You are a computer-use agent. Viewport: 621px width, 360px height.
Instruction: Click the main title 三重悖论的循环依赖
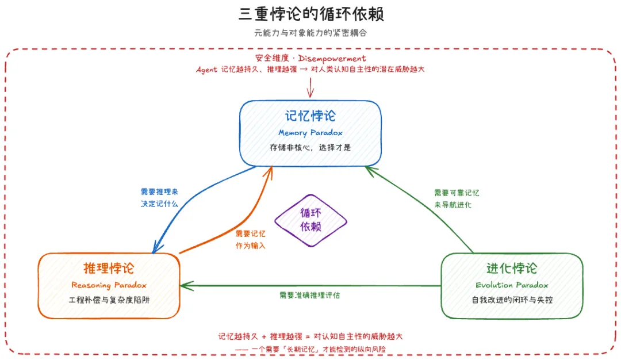(x=311, y=14)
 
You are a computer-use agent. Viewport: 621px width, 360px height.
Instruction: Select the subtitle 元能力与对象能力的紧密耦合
(x=310, y=33)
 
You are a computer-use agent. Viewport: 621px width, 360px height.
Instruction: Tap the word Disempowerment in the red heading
(x=332, y=58)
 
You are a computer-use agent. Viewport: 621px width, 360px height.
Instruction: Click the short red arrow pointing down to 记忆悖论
(x=310, y=87)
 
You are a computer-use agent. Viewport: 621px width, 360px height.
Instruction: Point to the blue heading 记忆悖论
(x=310, y=116)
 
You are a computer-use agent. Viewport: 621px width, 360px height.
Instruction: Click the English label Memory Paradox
(x=310, y=133)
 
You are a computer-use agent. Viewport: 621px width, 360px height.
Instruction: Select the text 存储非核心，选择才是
(x=310, y=148)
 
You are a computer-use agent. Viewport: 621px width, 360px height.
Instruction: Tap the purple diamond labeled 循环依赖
(x=310, y=221)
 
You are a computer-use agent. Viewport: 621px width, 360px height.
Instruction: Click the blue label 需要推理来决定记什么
(x=159, y=198)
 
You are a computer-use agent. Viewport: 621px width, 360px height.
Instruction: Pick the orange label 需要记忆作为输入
(x=250, y=240)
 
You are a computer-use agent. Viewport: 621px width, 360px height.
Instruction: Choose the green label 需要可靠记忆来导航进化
(x=456, y=199)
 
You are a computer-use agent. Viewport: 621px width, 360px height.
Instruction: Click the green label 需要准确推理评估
(x=310, y=295)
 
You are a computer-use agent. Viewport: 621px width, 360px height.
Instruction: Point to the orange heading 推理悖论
(x=109, y=268)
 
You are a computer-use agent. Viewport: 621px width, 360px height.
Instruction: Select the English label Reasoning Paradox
(x=109, y=285)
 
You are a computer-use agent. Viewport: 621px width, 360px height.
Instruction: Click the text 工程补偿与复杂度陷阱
(x=109, y=300)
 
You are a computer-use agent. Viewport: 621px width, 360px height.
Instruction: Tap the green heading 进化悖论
(x=512, y=268)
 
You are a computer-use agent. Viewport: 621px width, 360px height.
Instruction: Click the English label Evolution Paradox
(x=512, y=285)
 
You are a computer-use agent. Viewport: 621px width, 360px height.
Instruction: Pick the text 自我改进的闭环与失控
(x=512, y=300)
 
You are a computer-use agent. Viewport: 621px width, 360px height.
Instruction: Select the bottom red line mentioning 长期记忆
(x=310, y=349)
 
